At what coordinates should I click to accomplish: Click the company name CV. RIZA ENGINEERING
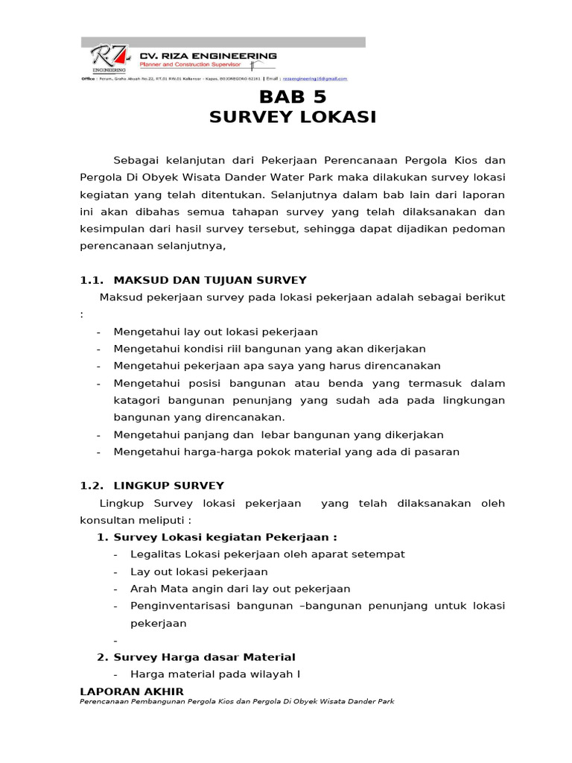coord(209,56)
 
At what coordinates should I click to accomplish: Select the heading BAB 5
coord(292,98)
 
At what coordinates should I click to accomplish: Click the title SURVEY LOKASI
coord(292,118)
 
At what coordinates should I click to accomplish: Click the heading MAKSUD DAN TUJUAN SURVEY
coord(209,280)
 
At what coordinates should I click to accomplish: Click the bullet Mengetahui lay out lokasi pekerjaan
coord(215,332)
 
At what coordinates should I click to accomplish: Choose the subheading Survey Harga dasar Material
coord(204,657)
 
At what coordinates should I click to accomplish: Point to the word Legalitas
coord(155,554)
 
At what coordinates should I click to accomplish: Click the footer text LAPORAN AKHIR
coord(131,692)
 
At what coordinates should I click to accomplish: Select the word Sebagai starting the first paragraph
coord(137,160)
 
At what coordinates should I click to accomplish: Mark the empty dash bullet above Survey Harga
coord(116,641)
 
